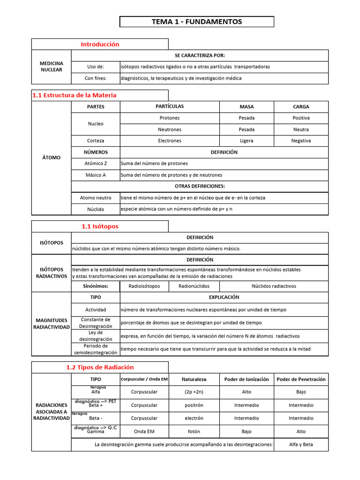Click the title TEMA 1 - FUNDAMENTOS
[197, 22]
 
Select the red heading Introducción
[100, 44]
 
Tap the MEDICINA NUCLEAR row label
[51, 67]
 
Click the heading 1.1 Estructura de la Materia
[74, 95]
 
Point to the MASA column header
[247, 107]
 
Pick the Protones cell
[170, 118]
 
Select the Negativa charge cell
[301, 141]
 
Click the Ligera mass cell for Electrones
[247, 141]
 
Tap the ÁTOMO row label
[51, 157]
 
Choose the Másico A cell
[96, 175]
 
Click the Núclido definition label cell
[96, 209]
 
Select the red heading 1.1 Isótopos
[100, 226]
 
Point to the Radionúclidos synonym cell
[194, 286]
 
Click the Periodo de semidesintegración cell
[96, 349]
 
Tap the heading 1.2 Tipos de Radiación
[100, 367]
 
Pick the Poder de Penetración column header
[301, 379]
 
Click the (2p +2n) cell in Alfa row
[194, 392]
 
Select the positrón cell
[194, 405]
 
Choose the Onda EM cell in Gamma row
[144, 431]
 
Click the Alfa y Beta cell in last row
[301, 444]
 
